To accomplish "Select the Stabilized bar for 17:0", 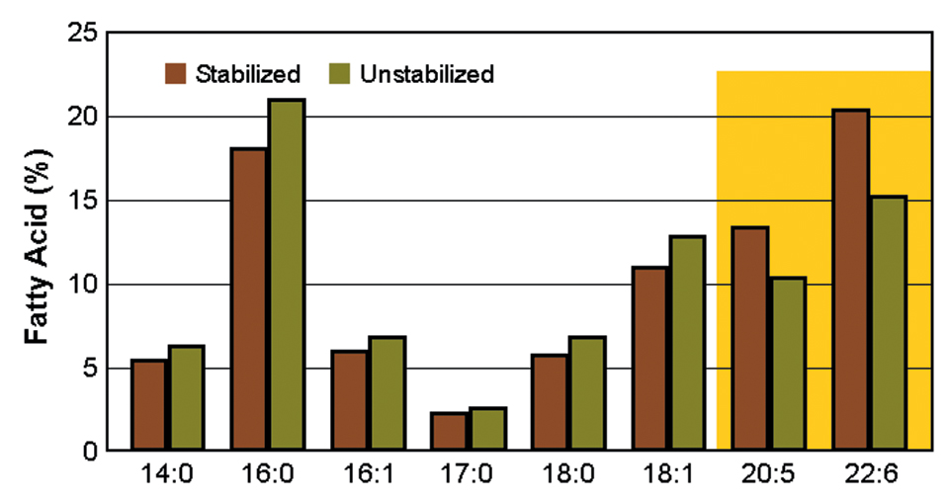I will click(x=449, y=432).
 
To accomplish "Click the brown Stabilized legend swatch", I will click(x=177, y=74).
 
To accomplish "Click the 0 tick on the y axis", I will click(x=89, y=452).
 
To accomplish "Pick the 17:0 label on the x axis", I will click(x=467, y=477).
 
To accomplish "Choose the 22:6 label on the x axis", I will click(x=869, y=477).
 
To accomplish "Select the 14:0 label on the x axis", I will click(x=167, y=477).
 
